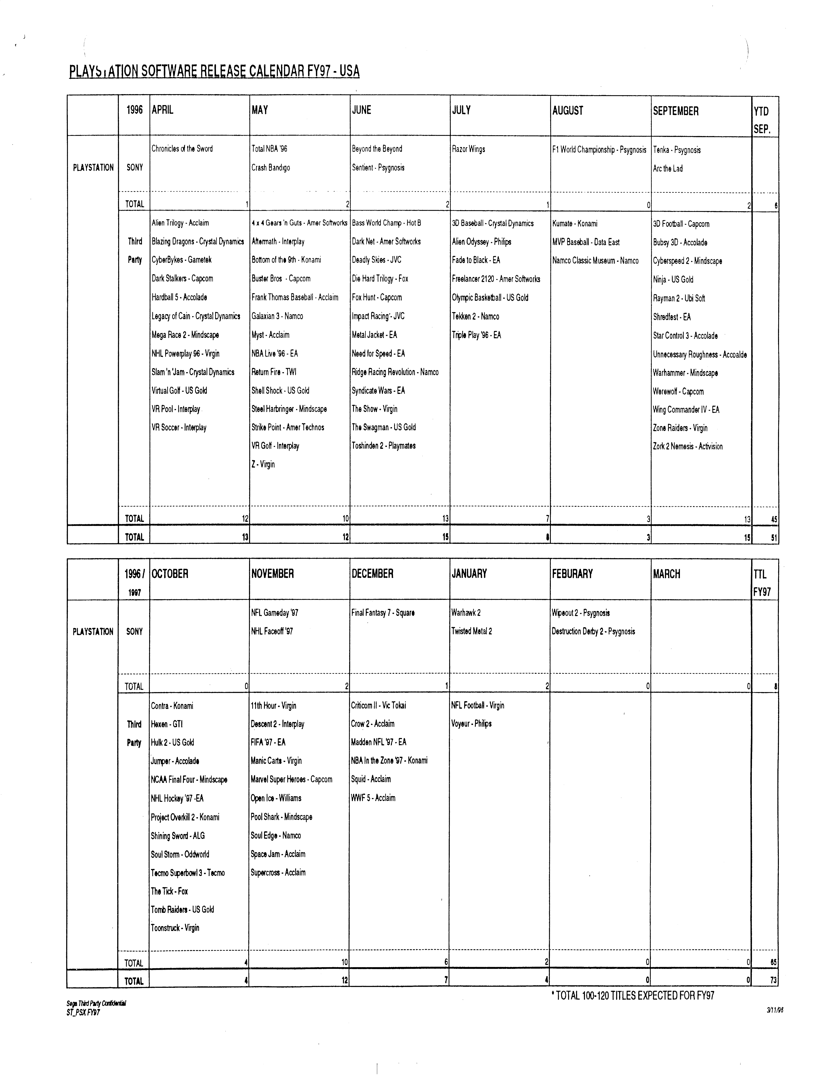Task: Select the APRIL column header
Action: (x=163, y=110)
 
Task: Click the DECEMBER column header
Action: (x=372, y=573)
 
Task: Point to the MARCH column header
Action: (x=667, y=574)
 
